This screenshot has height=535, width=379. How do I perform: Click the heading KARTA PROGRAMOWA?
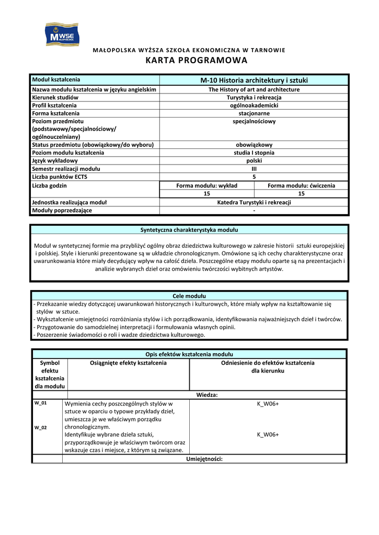[x=189, y=61]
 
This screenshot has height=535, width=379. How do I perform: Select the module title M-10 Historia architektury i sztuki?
[x=254, y=80]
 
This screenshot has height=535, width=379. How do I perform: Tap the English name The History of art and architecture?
[x=254, y=89]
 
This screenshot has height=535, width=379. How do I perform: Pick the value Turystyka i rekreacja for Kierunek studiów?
[x=254, y=97]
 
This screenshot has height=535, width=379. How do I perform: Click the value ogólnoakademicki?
[x=254, y=105]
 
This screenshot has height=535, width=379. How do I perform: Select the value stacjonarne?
[x=254, y=113]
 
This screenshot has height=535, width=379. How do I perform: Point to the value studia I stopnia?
[x=254, y=153]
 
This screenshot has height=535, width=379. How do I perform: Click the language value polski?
[x=254, y=160]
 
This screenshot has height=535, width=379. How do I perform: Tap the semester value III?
[x=254, y=169]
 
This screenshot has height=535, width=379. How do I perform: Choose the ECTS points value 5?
[x=254, y=177]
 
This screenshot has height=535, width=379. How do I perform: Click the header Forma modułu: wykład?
[x=207, y=185]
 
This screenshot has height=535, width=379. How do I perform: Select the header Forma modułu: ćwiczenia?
[x=302, y=185]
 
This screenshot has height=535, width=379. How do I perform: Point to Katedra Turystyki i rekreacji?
[x=254, y=202]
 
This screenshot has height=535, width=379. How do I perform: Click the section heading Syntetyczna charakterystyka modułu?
[x=189, y=230]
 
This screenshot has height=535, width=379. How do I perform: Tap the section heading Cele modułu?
[x=189, y=296]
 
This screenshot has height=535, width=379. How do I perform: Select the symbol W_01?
[x=40, y=403]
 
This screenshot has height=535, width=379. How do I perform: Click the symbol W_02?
[x=40, y=427]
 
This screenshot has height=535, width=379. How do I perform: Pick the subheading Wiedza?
[x=207, y=395]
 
